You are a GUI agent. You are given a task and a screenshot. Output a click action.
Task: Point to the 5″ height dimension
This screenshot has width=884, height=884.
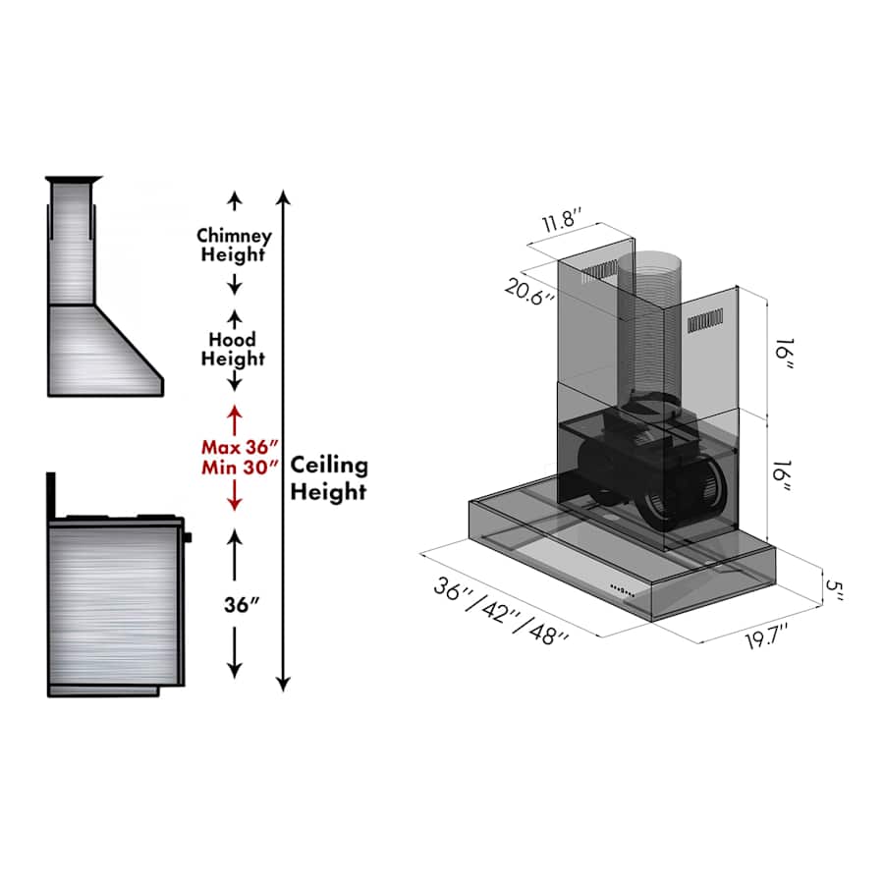point(835,590)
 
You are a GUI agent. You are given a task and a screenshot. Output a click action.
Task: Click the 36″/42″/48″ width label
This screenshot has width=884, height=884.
point(501,610)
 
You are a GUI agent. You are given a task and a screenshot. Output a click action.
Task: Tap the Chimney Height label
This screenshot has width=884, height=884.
point(234,246)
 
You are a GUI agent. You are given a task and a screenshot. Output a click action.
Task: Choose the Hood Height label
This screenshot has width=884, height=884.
point(234,349)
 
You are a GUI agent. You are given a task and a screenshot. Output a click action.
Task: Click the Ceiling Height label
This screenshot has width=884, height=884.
point(329,478)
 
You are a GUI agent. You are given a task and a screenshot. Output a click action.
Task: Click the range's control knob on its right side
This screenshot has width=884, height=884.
point(187,537)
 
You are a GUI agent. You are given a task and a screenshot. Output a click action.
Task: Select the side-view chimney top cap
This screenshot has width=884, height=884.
point(74,179)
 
